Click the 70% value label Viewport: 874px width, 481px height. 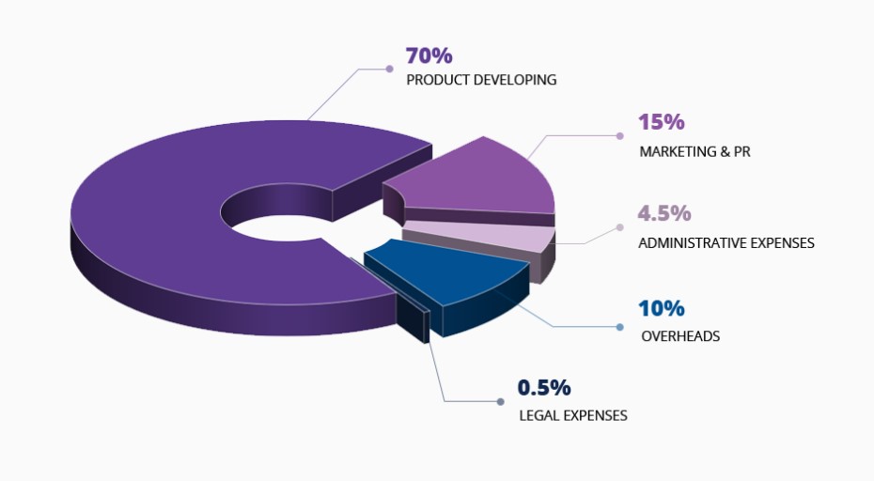point(429,56)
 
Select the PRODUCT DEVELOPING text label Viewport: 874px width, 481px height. point(481,80)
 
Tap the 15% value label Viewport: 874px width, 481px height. point(661,123)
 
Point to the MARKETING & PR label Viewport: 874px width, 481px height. point(695,151)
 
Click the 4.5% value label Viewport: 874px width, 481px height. point(663,214)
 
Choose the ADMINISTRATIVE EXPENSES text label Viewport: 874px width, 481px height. point(726,242)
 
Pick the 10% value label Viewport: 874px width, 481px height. point(662,308)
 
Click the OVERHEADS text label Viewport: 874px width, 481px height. point(680,335)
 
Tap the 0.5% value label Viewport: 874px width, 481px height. point(544,388)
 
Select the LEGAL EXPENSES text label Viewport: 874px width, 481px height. point(572,414)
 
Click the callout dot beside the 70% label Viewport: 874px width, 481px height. point(389,68)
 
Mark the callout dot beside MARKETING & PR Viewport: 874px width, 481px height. point(621,136)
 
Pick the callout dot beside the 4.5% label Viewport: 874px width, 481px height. point(620,226)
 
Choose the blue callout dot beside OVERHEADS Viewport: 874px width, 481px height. point(620,327)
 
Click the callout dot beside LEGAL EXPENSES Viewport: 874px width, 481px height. point(500,402)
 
